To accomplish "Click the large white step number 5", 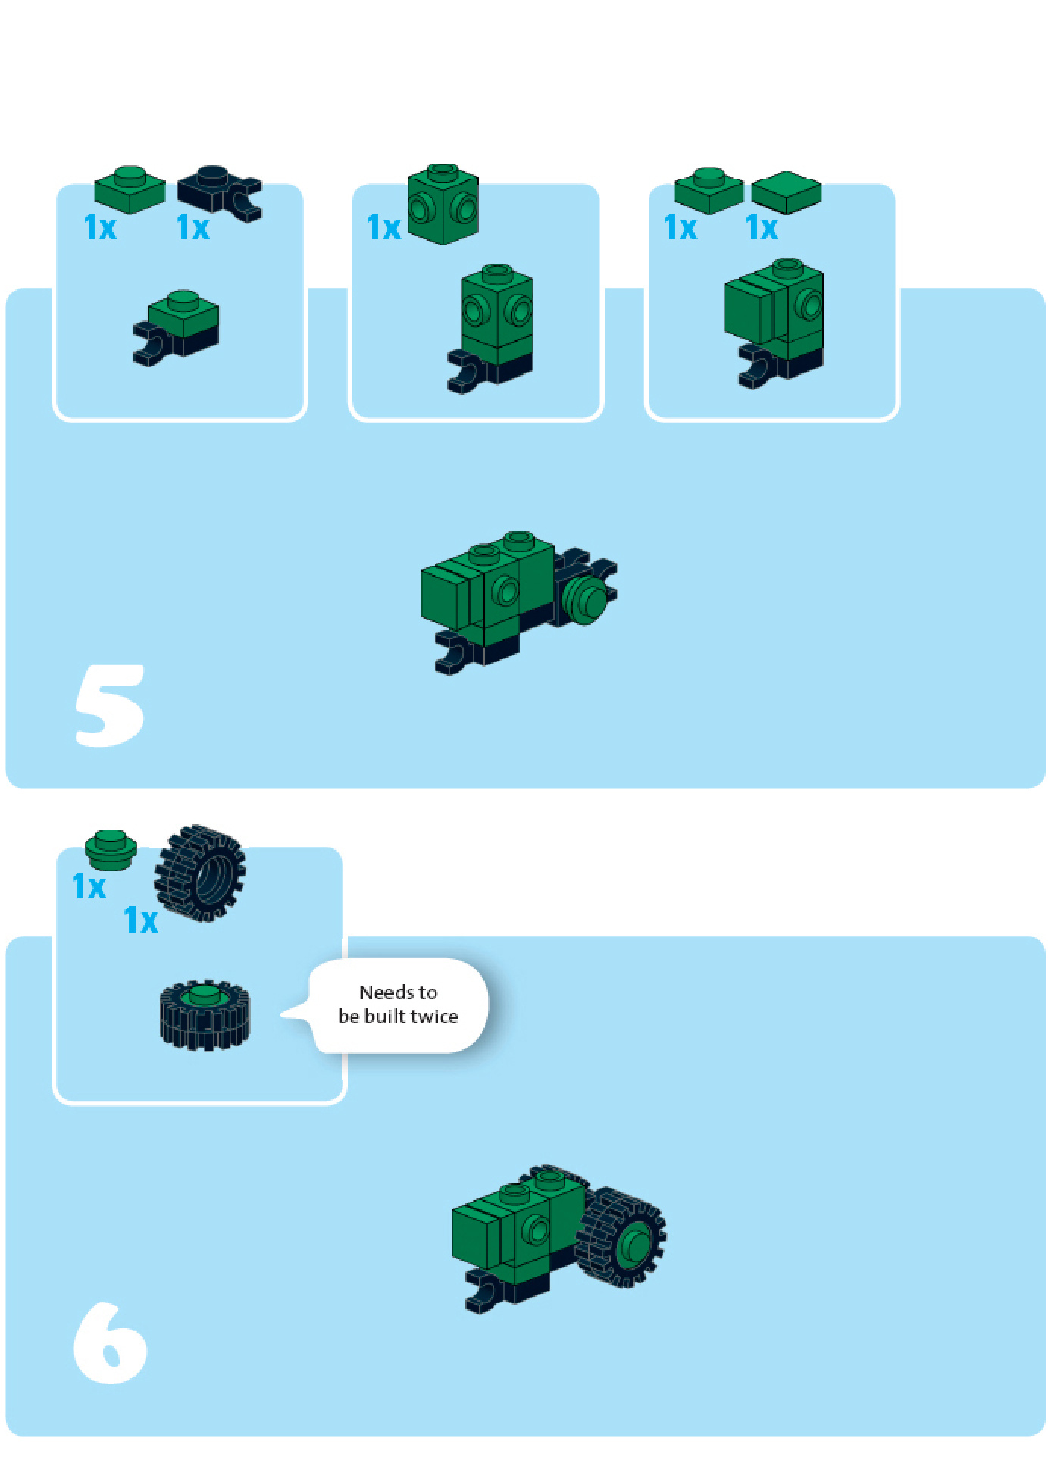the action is coord(110,705).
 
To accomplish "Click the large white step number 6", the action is coord(110,1342).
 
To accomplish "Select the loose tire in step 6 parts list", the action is coord(200,873).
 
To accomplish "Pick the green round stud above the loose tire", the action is coord(111,849).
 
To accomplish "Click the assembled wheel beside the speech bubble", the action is coord(205,1014).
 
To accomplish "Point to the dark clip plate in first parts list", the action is coord(220,192).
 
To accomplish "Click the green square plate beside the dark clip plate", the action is coord(130,189).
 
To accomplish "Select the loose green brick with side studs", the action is coord(443,204).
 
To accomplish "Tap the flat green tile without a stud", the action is coord(787,192).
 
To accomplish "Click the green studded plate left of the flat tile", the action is coord(709,190).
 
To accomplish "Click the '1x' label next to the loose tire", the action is coord(141,920).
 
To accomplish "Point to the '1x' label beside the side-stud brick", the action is coord(383,227).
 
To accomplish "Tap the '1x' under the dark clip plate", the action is coord(192,227).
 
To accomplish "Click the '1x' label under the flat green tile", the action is coord(762,227).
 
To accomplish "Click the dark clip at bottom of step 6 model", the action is coord(485,1292).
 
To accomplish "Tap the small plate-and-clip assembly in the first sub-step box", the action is coord(176,328).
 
